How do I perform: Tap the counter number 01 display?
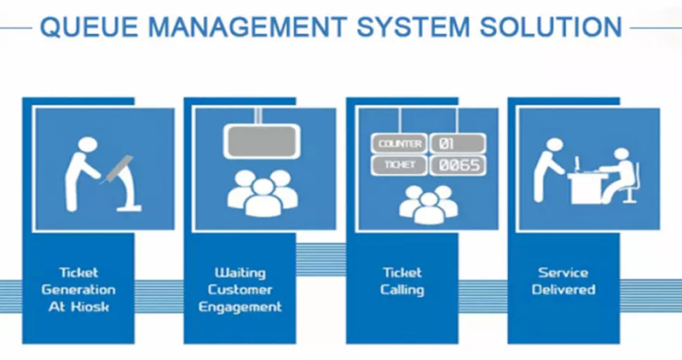pyautogui.click(x=457, y=142)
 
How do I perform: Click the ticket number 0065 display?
pyautogui.click(x=457, y=165)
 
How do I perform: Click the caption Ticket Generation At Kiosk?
pyautogui.click(x=82, y=289)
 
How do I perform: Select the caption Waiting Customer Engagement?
pyautogui.click(x=240, y=289)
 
